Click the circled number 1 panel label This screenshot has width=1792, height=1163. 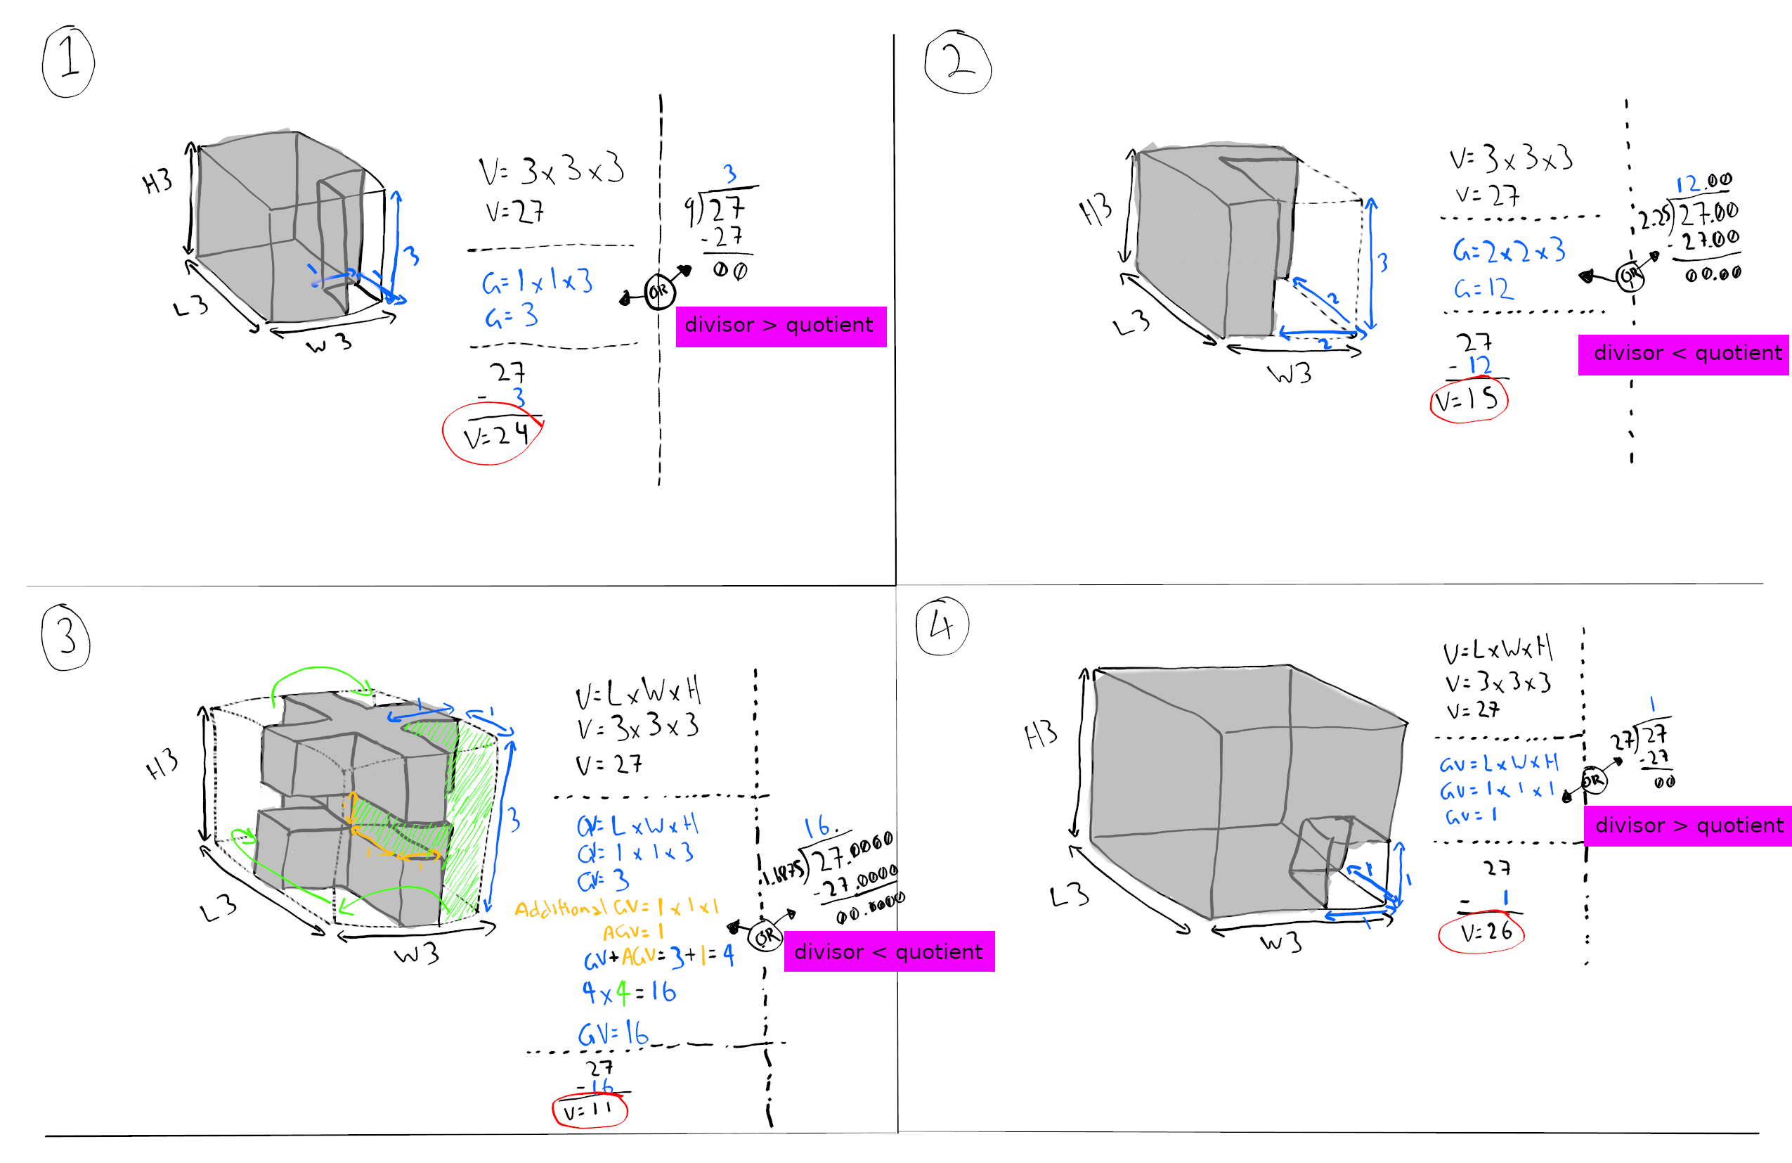(x=69, y=61)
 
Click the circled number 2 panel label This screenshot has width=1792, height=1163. (x=958, y=63)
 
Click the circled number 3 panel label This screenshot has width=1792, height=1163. (x=66, y=637)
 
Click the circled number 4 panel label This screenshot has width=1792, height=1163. (x=942, y=627)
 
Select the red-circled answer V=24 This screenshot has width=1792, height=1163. (x=494, y=435)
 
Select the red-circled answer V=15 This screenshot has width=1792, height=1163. (x=1468, y=401)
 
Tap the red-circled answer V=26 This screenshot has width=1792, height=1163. (x=1481, y=933)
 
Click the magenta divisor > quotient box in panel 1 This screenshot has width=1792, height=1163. (x=781, y=326)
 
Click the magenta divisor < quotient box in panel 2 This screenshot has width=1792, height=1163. (x=1684, y=354)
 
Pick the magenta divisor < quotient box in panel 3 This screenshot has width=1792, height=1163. (x=889, y=951)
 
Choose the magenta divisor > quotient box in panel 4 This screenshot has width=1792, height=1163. (x=1688, y=825)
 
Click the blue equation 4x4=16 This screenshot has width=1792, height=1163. (x=629, y=993)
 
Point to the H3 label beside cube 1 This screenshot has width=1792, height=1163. (x=157, y=181)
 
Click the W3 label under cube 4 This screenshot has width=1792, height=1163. (x=1280, y=943)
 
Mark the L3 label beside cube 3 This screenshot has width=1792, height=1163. (x=219, y=908)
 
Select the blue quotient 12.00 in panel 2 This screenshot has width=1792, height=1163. (x=1703, y=183)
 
